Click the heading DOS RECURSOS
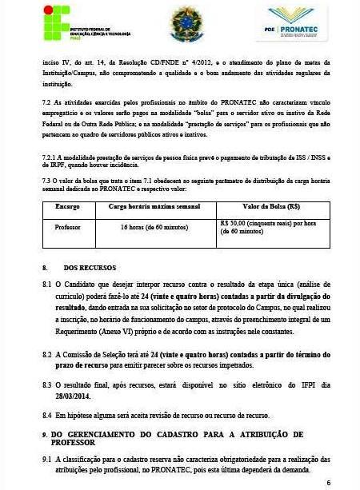click(x=90, y=267)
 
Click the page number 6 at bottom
click(x=328, y=482)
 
